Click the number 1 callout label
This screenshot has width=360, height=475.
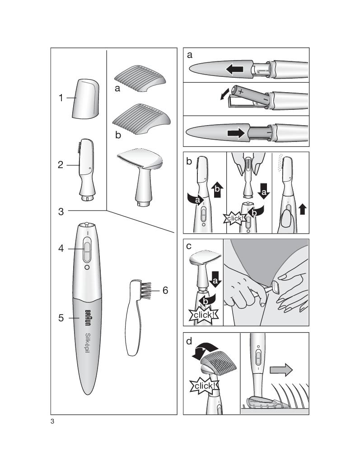[61, 98]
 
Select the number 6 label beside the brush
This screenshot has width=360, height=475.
[165, 290]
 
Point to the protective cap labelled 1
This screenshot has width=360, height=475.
[86, 99]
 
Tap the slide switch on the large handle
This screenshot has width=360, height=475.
[87, 250]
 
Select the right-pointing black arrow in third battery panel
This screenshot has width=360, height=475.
[236, 133]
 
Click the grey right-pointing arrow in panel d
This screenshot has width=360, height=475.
[281, 370]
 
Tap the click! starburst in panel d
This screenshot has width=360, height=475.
[205, 386]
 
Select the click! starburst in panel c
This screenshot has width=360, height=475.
[203, 315]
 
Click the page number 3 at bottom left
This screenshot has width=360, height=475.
[52, 421]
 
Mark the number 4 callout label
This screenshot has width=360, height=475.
[61, 249]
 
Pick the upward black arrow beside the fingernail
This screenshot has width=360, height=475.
[302, 209]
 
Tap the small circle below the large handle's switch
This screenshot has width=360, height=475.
[87, 268]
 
